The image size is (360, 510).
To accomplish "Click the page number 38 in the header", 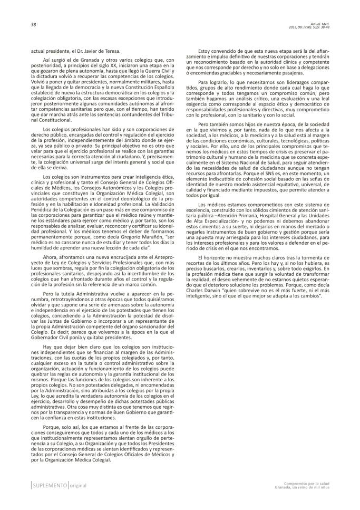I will (18, 24).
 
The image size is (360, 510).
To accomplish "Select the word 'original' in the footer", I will (79, 486).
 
